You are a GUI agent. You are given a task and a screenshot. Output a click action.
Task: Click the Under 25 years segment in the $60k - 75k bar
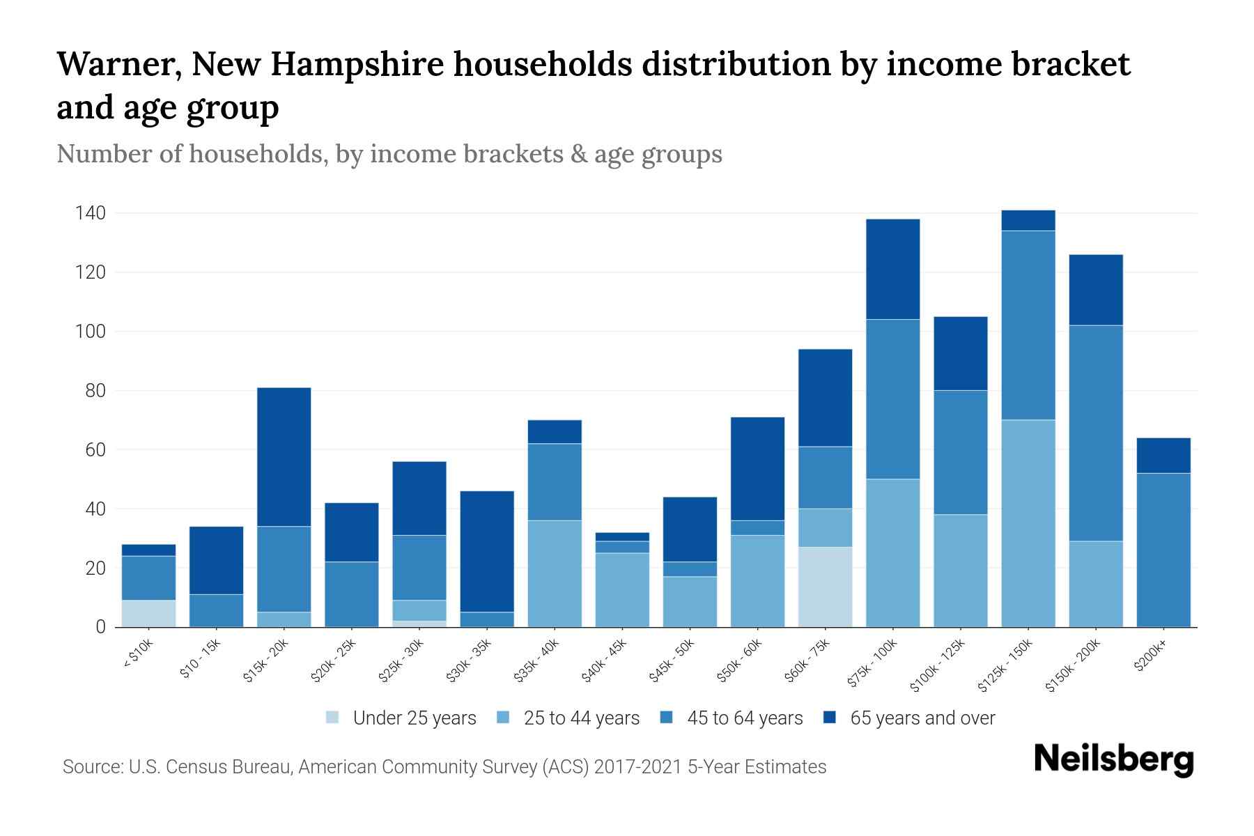click(825, 587)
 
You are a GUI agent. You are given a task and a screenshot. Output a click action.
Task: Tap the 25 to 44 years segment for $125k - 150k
click(1028, 523)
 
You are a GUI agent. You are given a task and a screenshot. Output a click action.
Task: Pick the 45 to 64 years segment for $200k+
click(1163, 550)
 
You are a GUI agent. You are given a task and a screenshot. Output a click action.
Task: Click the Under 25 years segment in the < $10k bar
click(148, 613)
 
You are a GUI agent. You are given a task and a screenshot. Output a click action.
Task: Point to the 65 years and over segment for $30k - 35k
click(488, 551)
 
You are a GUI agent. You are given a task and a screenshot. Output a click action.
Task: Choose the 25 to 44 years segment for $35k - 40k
click(555, 573)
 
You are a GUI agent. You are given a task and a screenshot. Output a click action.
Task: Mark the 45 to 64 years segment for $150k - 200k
click(1096, 433)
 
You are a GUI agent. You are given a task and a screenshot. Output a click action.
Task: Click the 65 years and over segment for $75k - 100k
click(892, 269)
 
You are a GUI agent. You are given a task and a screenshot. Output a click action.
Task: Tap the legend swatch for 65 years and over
click(830, 718)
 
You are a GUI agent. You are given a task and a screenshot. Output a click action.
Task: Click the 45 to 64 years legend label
click(745, 718)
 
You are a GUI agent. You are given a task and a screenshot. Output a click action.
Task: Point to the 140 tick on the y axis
click(91, 213)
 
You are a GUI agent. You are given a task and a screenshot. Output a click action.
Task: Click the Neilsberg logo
click(1114, 759)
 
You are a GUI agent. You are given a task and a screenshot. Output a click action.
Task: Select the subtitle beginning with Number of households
click(389, 154)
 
